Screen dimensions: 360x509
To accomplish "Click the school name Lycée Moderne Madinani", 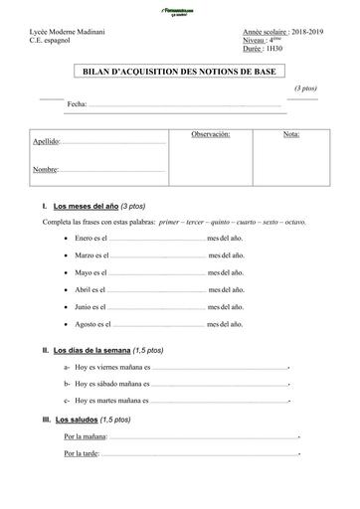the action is [x=69, y=33].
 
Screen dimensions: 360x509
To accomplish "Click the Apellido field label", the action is [x=46, y=142].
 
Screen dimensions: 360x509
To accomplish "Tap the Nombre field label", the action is [x=45, y=170].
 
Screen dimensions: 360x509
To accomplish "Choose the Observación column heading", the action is [x=210, y=133].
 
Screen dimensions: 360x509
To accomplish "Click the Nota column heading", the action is [x=290, y=133].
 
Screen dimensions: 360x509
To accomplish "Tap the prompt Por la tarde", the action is [x=81, y=453].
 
